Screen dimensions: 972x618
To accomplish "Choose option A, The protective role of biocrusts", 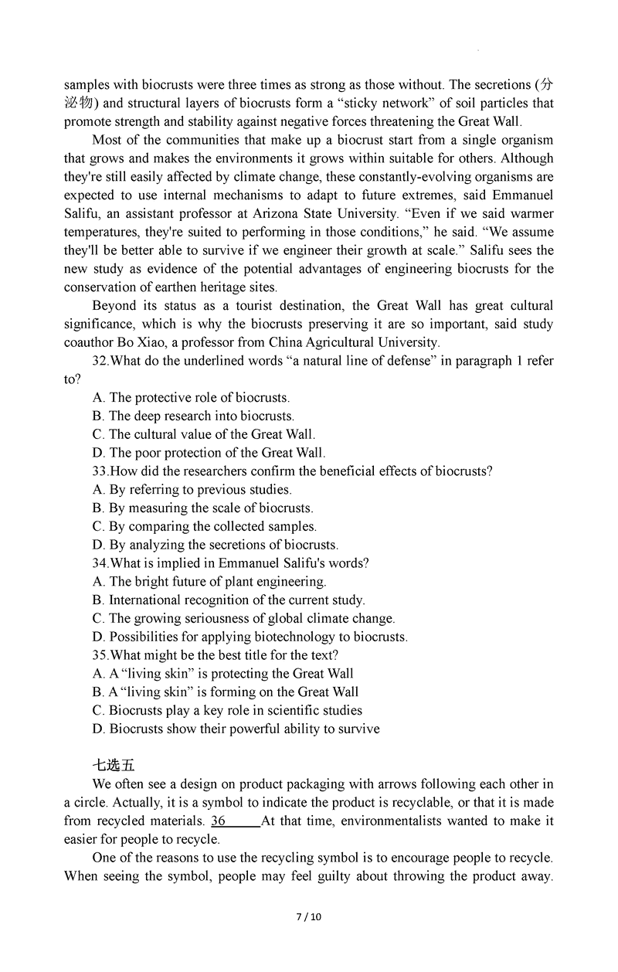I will [191, 398].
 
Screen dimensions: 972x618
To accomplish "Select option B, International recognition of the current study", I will [229, 600].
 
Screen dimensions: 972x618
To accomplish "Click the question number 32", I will [100, 361].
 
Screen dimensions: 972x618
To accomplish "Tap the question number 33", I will [100, 471].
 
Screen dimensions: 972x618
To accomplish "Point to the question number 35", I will [100, 655].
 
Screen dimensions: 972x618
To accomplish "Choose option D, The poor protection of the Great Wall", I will [209, 453].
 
